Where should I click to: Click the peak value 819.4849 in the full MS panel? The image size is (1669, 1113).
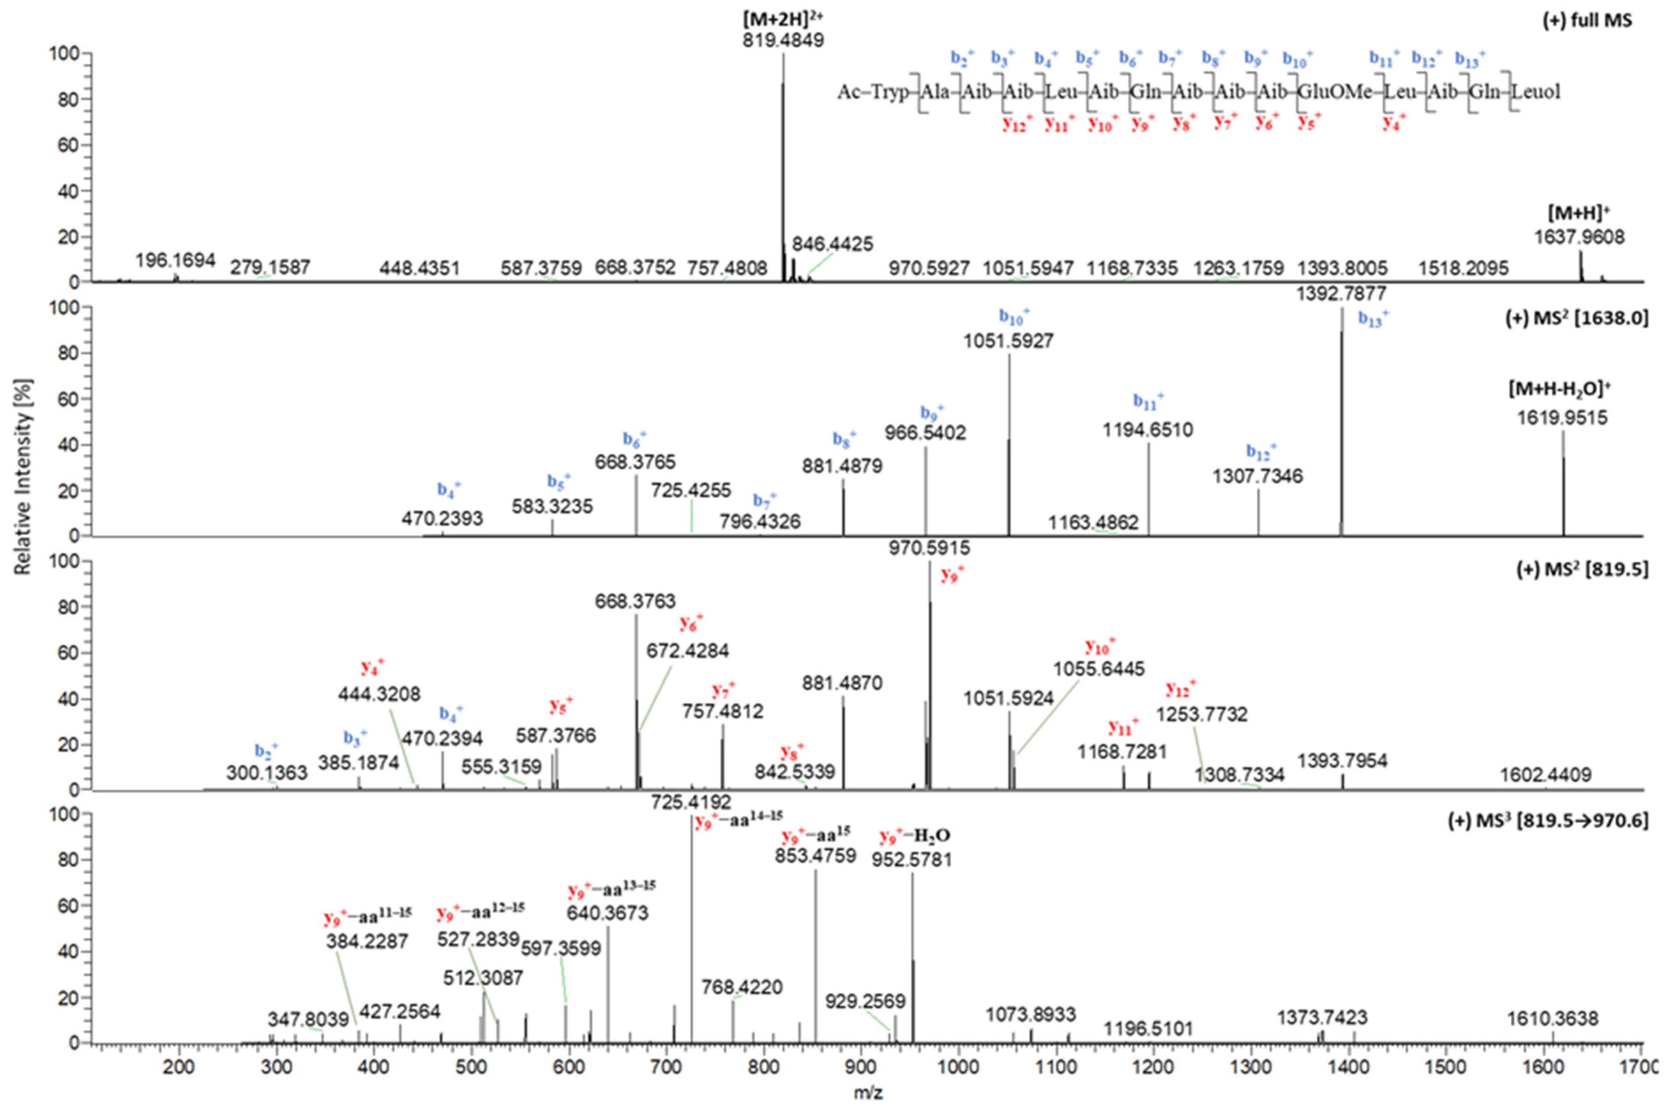[x=783, y=41]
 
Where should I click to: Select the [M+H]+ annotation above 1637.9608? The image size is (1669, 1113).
[x=1578, y=213]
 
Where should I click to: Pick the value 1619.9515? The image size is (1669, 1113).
[x=1561, y=417]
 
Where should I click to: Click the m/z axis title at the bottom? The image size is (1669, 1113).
[x=868, y=1093]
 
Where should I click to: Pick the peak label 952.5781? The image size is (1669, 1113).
[x=911, y=860]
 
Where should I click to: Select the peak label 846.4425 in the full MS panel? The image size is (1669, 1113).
[x=832, y=244]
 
